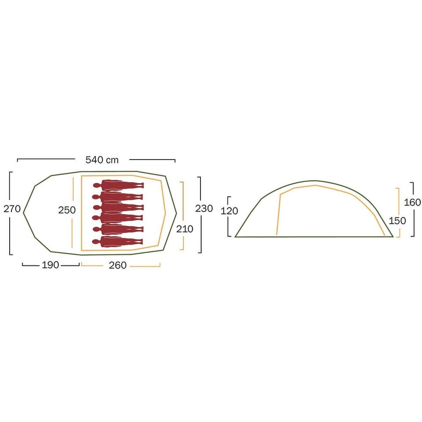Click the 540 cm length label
(x=102, y=160)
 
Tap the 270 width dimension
(x=12, y=208)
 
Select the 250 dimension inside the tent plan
(x=67, y=210)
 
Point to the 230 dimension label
(x=204, y=208)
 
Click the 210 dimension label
(x=185, y=229)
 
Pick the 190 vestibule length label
(x=50, y=265)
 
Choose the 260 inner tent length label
(x=118, y=266)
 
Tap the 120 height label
(x=229, y=211)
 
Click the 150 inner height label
(x=397, y=221)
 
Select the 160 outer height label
(x=412, y=202)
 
